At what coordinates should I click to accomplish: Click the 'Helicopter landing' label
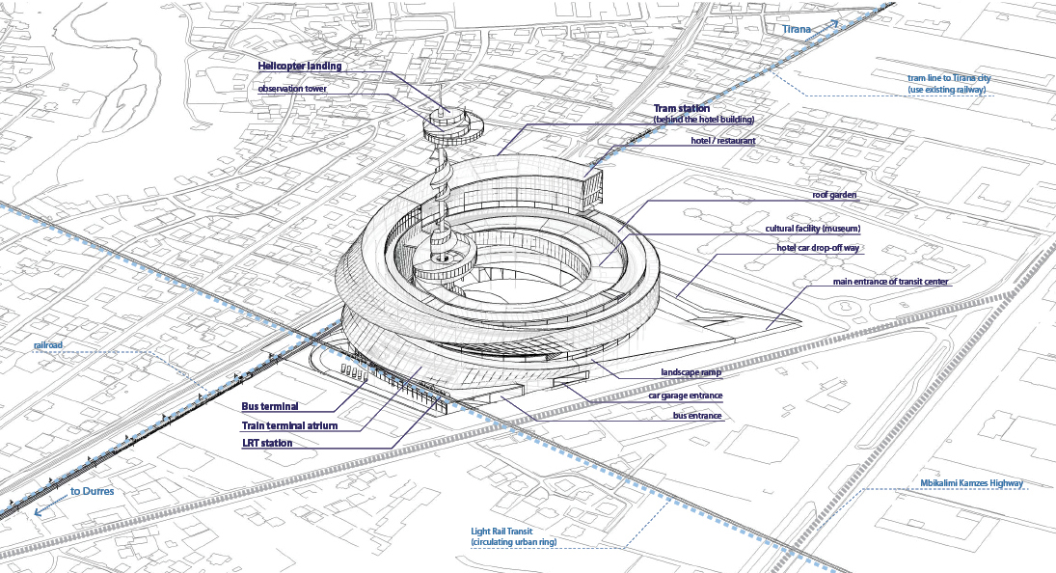(x=299, y=66)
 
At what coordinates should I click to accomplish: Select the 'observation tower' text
(x=292, y=89)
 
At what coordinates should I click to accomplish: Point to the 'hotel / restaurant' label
(x=723, y=140)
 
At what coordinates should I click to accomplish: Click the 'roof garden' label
(x=834, y=195)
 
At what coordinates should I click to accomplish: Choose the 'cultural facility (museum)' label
(x=806, y=229)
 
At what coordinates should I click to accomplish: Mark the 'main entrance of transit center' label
(x=878, y=282)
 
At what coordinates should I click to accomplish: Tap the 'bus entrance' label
(x=697, y=415)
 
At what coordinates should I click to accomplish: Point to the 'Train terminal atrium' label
(x=290, y=424)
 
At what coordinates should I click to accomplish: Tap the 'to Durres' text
(x=92, y=491)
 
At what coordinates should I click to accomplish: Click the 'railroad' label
(x=48, y=343)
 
